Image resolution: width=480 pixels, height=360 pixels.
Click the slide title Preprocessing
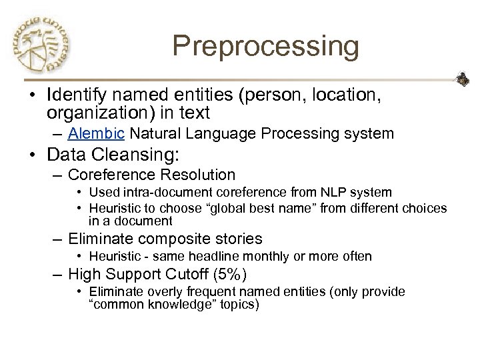point(265,47)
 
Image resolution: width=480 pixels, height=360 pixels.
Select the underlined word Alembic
point(96,133)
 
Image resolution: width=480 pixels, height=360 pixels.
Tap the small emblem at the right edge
point(463,81)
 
